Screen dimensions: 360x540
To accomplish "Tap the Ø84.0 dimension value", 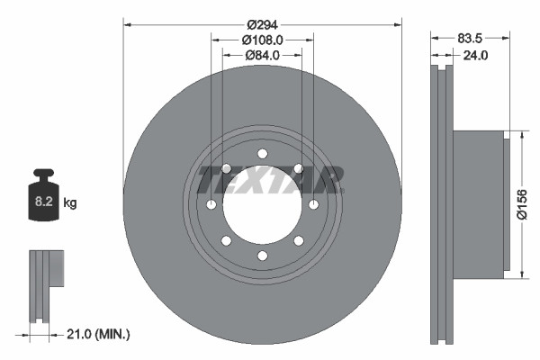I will coord(262,55).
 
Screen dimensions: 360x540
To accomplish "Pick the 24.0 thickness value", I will coord(473,55).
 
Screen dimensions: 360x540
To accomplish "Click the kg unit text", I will coord(70,203).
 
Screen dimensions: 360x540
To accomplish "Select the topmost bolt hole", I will coord(262,153).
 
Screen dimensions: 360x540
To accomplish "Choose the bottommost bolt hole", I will coord(262,256).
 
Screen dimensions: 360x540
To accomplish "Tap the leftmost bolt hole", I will coord(211,205).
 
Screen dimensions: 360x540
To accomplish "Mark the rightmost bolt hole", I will coord(314,205).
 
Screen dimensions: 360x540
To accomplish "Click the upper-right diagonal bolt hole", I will coord(299,168).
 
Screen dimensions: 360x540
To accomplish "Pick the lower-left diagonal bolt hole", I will coord(226,241).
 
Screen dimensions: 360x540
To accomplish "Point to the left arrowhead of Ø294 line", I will coord(126,22).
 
